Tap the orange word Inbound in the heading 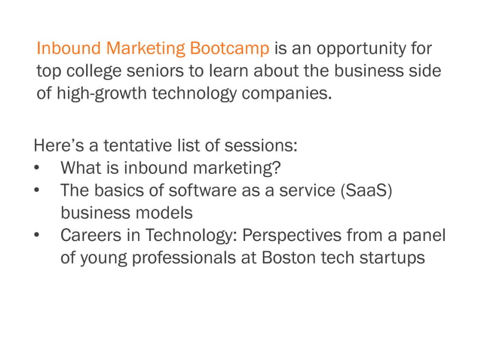coord(69,50)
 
